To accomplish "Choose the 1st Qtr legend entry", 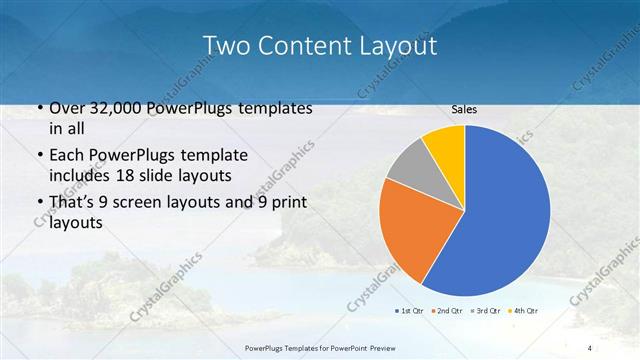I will [409, 311].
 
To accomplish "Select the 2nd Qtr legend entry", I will [446, 311].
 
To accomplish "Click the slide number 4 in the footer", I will [590, 347].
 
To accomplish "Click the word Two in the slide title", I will [225, 46].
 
